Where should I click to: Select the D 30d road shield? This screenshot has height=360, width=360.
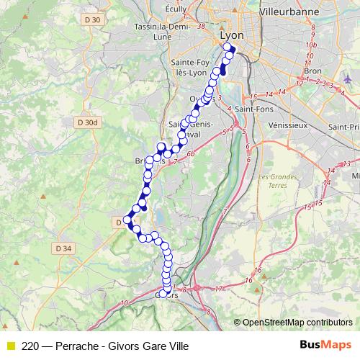point(86,122)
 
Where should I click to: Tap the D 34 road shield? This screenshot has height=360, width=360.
point(63,248)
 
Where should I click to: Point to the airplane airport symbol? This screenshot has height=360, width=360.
point(350,76)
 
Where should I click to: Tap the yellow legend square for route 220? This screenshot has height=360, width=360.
point(10,346)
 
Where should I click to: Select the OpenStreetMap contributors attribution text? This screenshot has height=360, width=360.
point(296,322)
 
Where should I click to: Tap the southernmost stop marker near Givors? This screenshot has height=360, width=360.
point(163,294)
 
